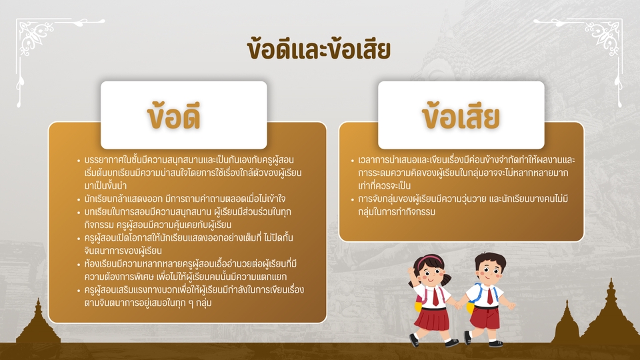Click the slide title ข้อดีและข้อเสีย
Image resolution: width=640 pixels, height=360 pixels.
click(318, 51)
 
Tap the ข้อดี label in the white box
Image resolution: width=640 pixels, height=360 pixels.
click(183, 117)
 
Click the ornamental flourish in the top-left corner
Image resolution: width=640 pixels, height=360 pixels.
click(40, 37)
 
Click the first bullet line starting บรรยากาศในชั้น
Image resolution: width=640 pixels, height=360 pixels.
click(190, 161)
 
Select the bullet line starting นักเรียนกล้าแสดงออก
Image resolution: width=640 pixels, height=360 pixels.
click(180, 199)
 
